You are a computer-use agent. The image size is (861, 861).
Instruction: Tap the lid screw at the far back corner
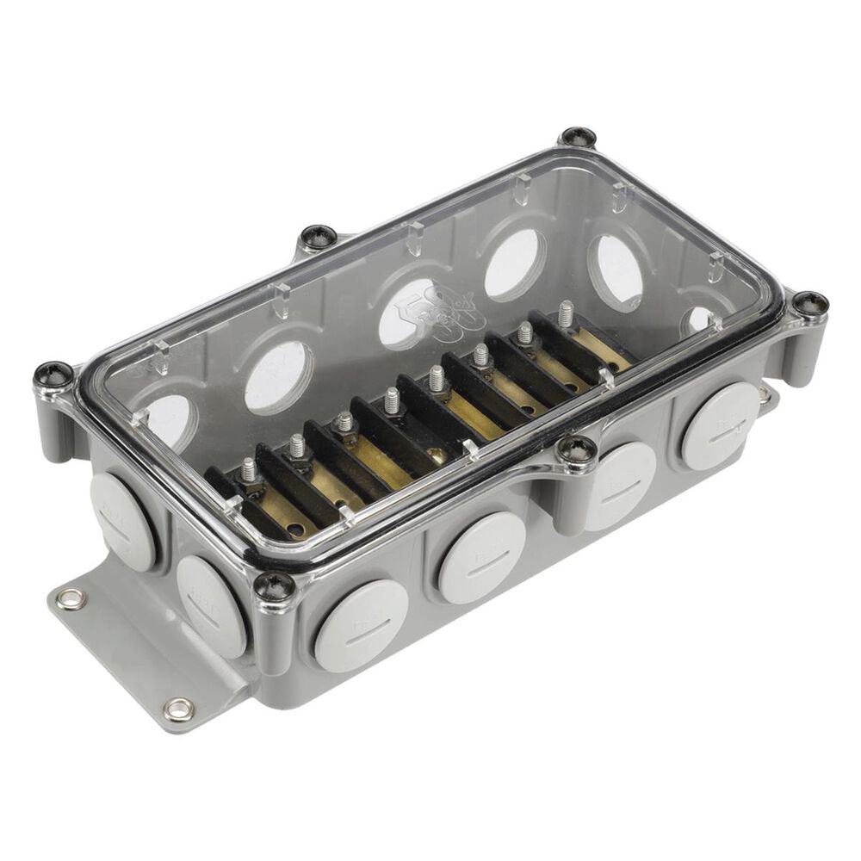(x=578, y=137)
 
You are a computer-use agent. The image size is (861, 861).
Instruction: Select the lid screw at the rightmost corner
(x=809, y=303)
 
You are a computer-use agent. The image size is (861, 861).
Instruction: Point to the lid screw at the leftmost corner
(x=53, y=375)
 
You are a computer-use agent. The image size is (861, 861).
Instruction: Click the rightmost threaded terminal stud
(x=566, y=313)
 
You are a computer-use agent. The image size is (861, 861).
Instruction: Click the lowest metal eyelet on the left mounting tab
(x=179, y=709)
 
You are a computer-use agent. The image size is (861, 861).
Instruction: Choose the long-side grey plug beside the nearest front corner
(x=362, y=625)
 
